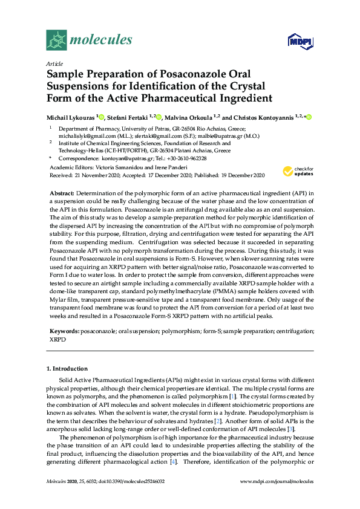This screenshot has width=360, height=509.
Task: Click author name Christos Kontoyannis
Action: tap(266, 117)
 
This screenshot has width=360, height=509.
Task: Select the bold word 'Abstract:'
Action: tap(62, 192)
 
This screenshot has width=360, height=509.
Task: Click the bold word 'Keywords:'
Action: tap(64, 332)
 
